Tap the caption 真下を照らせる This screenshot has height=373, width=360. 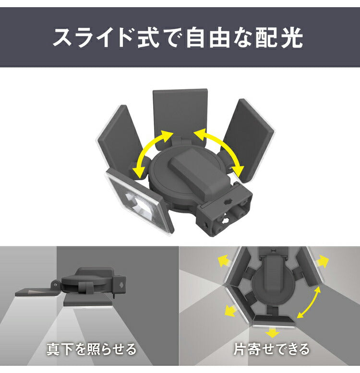pyautogui.click(x=91, y=349)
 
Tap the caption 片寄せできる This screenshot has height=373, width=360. pyautogui.click(x=271, y=349)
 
